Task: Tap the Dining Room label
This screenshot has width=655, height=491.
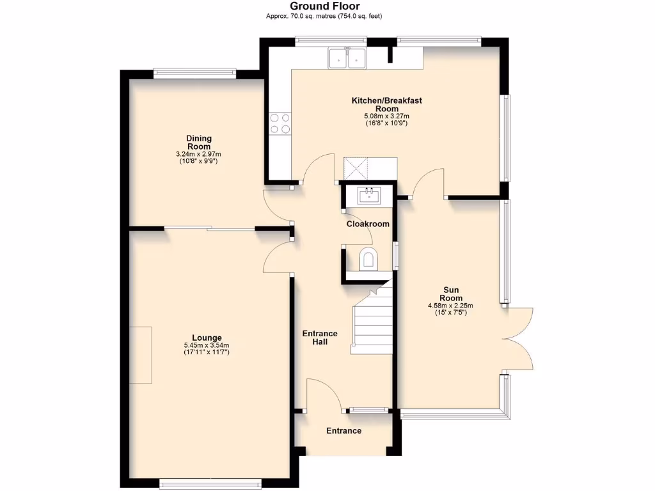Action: (x=199, y=142)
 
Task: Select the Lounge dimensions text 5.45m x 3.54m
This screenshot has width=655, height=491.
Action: (x=206, y=345)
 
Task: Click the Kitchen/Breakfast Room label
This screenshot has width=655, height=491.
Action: (x=386, y=104)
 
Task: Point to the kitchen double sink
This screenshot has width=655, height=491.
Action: (x=346, y=59)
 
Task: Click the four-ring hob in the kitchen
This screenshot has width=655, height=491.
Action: (x=280, y=123)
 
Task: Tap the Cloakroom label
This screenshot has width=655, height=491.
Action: (x=368, y=224)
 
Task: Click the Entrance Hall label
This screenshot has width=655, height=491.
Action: (x=320, y=338)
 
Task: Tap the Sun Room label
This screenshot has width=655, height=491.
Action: (x=450, y=293)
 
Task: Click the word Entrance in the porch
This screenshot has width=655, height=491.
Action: (x=343, y=431)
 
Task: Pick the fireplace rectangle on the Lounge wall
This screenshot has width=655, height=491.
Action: (x=141, y=355)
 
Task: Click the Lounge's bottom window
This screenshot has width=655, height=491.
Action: (x=210, y=484)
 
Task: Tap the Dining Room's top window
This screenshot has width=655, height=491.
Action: (x=194, y=74)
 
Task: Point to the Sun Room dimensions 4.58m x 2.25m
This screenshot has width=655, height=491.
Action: (x=450, y=306)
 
